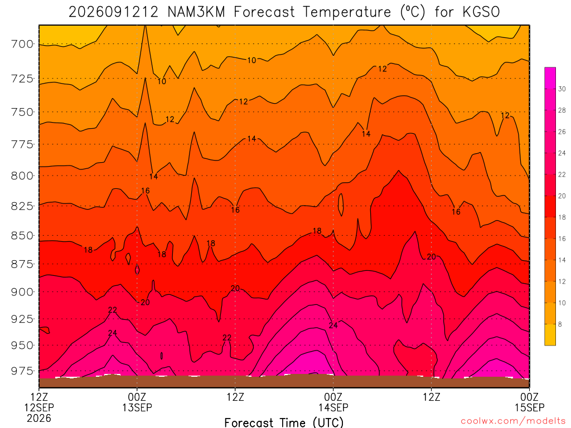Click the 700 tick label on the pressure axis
(x=22, y=44)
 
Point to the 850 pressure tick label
(x=22, y=236)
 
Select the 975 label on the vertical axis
(x=22, y=371)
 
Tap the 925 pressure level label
(x=22, y=319)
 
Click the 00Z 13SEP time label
(x=137, y=402)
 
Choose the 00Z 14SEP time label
(x=333, y=402)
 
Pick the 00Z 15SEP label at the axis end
(x=530, y=402)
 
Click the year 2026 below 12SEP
(x=39, y=418)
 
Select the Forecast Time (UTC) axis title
(x=284, y=422)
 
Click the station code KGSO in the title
(x=481, y=12)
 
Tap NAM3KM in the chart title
(x=196, y=12)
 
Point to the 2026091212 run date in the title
(x=114, y=12)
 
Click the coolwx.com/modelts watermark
(x=513, y=421)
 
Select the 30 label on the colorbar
(x=562, y=89)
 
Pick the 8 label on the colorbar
(x=560, y=324)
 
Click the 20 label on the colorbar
(x=562, y=196)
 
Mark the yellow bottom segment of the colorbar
(x=550, y=334)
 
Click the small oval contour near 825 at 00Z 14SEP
(x=341, y=205)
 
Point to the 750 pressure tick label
(x=22, y=112)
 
